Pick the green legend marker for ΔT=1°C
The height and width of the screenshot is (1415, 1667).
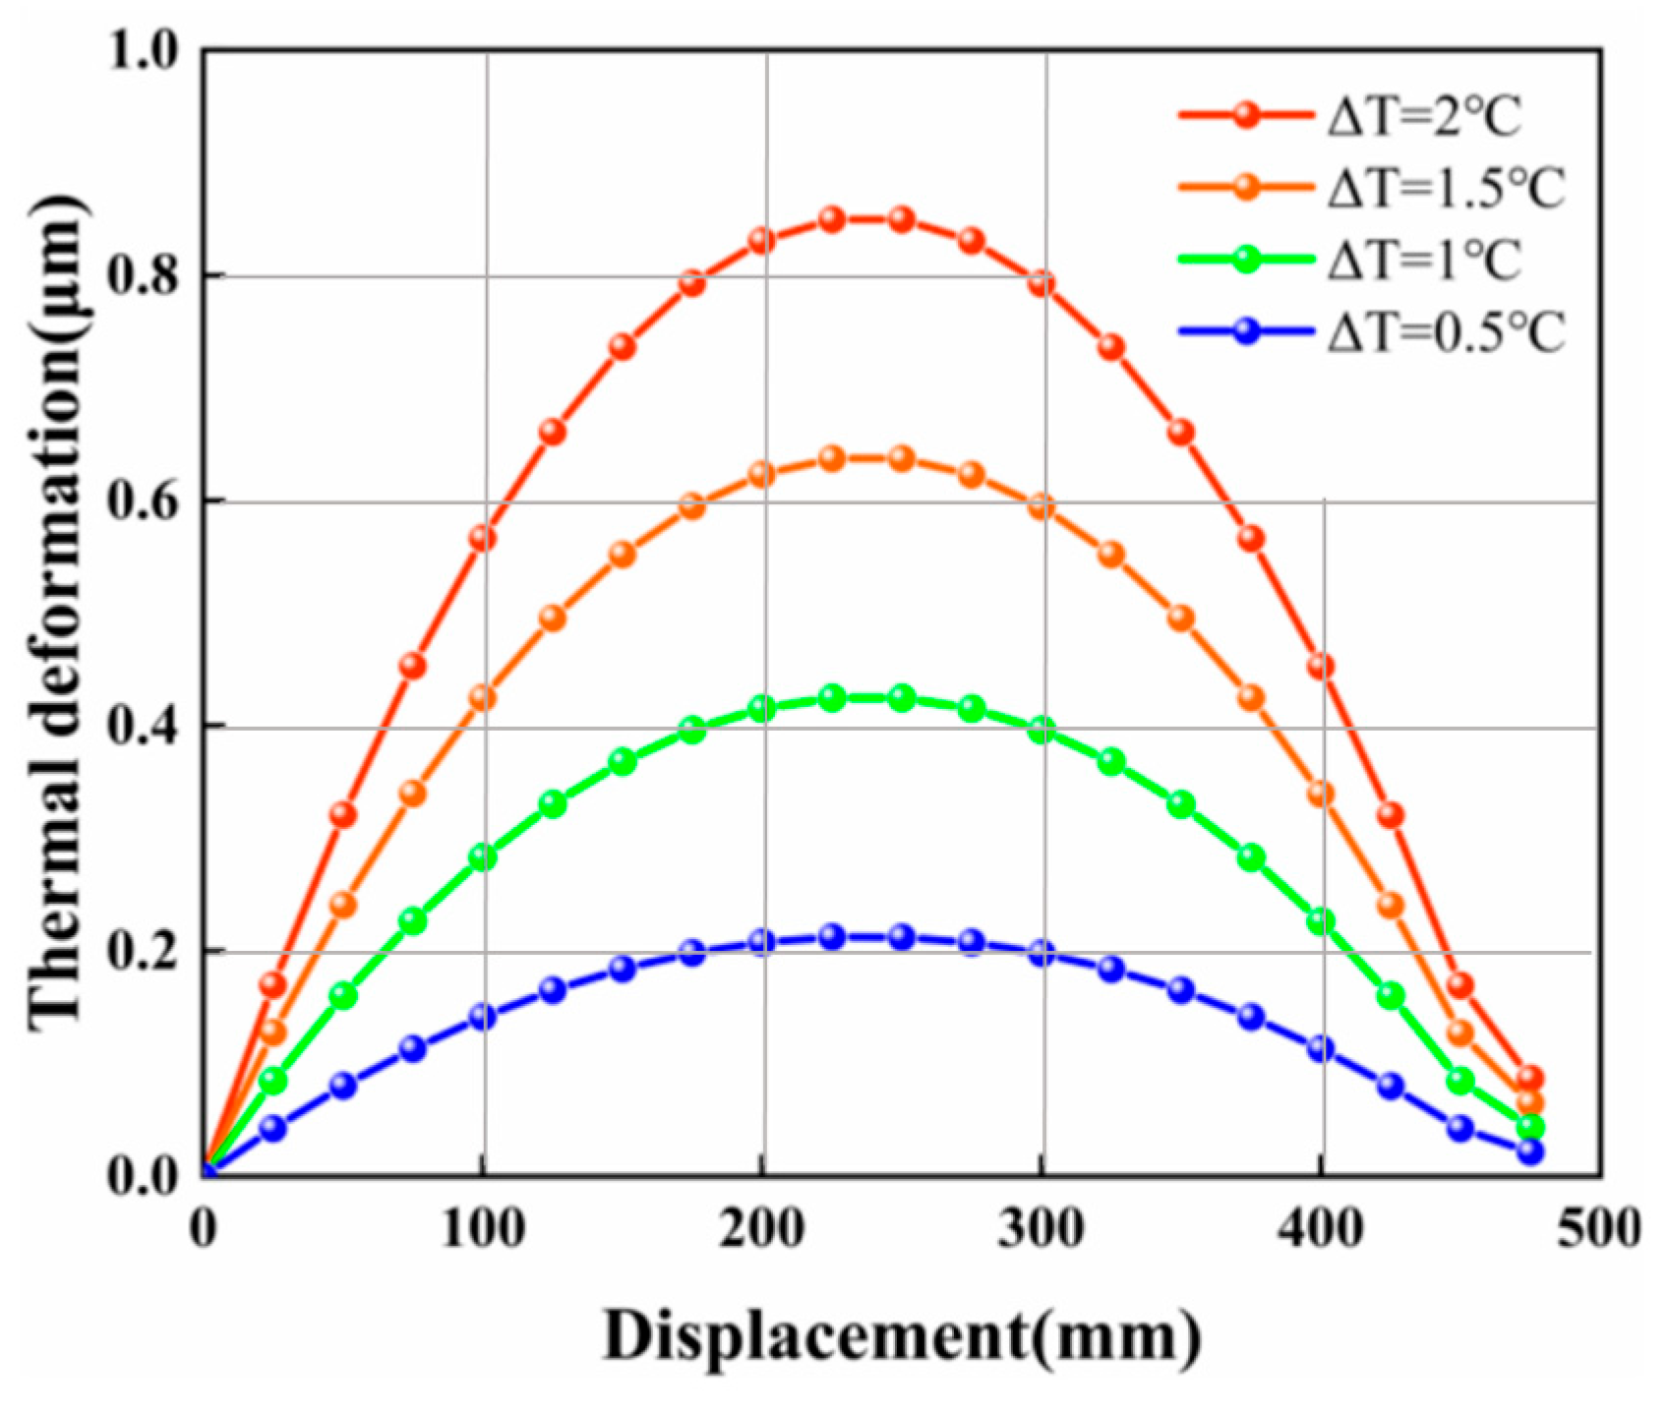click(x=1246, y=260)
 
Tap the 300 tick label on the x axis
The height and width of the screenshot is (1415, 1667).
click(x=1041, y=1229)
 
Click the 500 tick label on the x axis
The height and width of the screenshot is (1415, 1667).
click(x=1599, y=1229)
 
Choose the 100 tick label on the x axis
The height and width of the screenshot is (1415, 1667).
click(x=482, y=1229)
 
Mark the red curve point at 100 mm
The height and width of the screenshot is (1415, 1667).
click(x=482, y=538)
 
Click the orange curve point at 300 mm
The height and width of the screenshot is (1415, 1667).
click(x=1042, y=507)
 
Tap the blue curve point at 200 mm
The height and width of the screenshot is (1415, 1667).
click(x=761, y=942)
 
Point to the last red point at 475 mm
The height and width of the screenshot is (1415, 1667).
click(x=1530, y=1078)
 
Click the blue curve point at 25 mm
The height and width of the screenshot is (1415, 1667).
click(x=272, y=1128)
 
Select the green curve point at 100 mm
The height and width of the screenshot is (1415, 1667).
click(x=482, y=857)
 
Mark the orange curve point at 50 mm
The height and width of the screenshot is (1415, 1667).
click(x=342, y=905)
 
